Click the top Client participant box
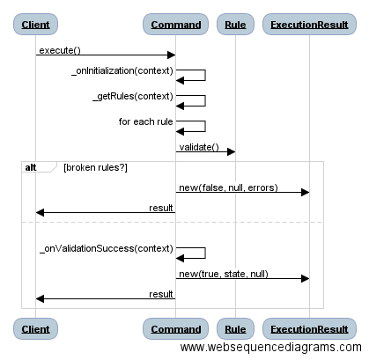tap(35, 24)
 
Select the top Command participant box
tap(176, 24)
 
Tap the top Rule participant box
tap(235, 24)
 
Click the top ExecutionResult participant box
tap(309, 24)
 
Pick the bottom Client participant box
tap(35, 329)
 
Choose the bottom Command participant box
tap(176, 329)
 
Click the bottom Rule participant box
tap(235, 329)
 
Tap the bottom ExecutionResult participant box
tap(309, 329)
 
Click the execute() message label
tap(59, 50)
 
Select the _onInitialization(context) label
tap(122, 70)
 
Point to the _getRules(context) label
tap(132, 96)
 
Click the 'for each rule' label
tap(145, 121)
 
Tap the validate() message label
tap(198, 147)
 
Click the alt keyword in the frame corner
tap(31, 166)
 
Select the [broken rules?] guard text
tap(95, 167)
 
